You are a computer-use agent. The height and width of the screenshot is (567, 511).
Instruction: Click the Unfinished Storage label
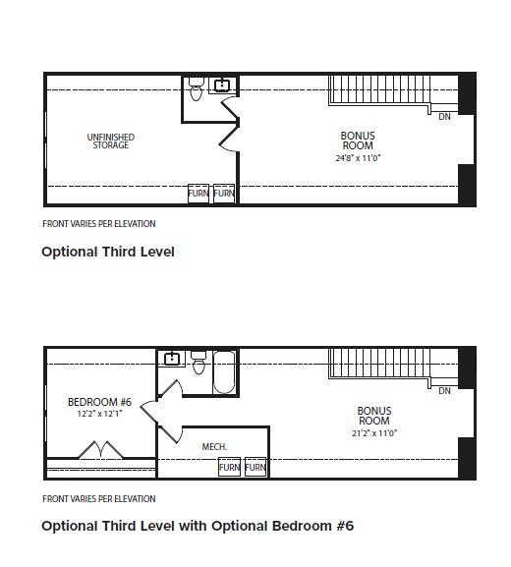pyautogui.click(x=111, y=142)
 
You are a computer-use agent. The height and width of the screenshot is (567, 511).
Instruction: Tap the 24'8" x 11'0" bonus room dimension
pyautogui.click(x=358, y=158)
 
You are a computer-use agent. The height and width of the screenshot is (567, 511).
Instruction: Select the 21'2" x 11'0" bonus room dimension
pyautogui.click(x=374, y=432)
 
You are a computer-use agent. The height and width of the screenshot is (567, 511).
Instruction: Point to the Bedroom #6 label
pyautogui.click(x=100, y=402)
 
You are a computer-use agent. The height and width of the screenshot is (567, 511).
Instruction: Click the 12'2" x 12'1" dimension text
pyautogui.click(x=99, y=414)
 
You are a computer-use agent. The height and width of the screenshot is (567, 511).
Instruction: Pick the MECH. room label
pyautogui.click(x=214, y=447)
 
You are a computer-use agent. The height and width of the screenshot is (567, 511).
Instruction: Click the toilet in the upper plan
pyautogui.click(x=196, y=89)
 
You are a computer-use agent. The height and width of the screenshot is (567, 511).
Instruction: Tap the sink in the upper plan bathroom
pyautogui.click(x=222, y=85)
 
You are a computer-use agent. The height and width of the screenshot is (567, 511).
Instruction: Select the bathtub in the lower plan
pyautogui.click(x=224, y=372)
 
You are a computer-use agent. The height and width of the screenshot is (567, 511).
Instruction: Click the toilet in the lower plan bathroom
pyautogui.click(x=199, y=363)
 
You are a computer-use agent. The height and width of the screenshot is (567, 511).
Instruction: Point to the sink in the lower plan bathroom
pyautogui.click(x=172, y=359)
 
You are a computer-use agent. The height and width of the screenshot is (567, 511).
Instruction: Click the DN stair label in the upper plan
pyautogui.click(x=444, y=117)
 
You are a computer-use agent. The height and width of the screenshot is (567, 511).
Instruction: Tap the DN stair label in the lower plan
pyautogui.click(x=444, y=391)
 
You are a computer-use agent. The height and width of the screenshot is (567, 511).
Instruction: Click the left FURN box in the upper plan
pyautogui.click(x=199, y=194)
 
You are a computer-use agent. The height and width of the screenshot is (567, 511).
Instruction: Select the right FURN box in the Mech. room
pyautogui.click(x=255, y=467)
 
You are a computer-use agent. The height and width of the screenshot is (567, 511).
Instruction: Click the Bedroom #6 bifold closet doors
pyautogui.click(x=100, y=450)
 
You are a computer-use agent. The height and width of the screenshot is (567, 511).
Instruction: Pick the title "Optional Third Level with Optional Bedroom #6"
pyautogui.click(x=198, y=526)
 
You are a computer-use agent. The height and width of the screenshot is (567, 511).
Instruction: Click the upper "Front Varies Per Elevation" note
pyautogui.click(x=99, y=224)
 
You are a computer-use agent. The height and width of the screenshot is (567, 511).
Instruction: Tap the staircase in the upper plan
pyautogui.click(x=379, y=90)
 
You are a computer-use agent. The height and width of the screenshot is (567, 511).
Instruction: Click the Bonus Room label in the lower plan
pyautogui.click(x=374, y=416)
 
